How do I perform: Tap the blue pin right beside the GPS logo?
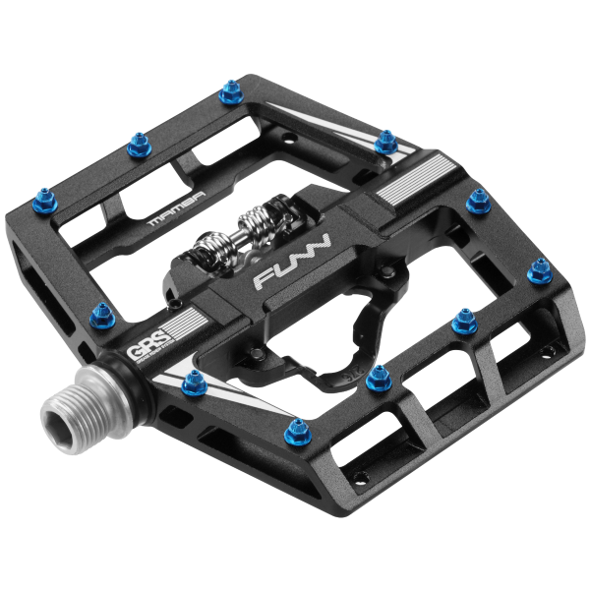pos(100,315)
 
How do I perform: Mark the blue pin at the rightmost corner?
pos(539,270)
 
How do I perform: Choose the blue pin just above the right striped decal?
pos(386,144)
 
